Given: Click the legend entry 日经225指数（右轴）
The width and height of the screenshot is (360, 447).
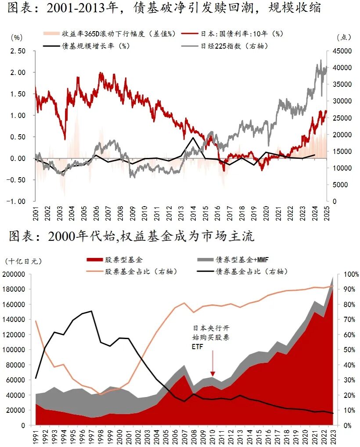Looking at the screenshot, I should (235, 45).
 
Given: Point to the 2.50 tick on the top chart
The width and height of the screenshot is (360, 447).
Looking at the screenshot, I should (19, 51).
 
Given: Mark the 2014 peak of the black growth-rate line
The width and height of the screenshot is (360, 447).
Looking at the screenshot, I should (193, 138).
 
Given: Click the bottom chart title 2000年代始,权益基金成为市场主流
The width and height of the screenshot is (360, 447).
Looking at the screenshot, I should (132, 237).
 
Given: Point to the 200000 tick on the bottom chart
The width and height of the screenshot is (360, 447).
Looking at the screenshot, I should (15, 275).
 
